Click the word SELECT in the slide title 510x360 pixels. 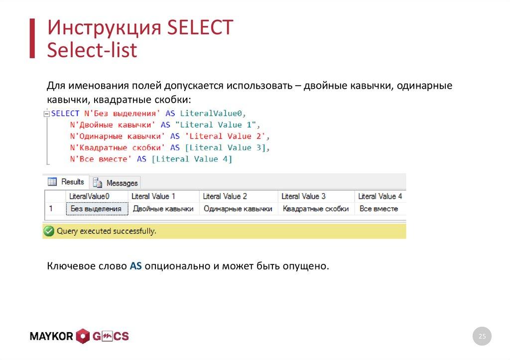200,28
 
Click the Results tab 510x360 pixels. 67,182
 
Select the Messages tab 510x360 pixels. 117,183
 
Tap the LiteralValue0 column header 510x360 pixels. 90,196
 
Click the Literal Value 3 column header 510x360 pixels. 303,196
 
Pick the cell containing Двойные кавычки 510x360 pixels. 163,209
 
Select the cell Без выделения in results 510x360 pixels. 96,209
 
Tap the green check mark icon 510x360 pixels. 49,231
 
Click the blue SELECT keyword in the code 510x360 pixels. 65,114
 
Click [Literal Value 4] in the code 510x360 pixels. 192,159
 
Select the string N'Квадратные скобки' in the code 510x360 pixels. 118,148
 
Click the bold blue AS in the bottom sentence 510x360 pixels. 136,266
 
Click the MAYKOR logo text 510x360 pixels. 51,337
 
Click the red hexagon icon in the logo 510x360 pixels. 83,337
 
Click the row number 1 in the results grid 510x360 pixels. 50,209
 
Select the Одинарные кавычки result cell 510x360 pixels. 238,209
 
